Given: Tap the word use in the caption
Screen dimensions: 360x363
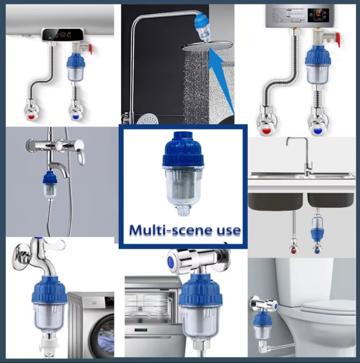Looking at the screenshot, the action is [226, 231].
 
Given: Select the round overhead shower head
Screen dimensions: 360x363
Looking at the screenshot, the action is [207, 47].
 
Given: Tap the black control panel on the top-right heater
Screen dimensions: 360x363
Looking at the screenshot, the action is [318, 15].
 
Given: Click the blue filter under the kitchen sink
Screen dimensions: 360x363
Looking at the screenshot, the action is [317, 228].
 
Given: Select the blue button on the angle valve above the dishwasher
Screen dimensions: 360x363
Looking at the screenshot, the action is [170, 263].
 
